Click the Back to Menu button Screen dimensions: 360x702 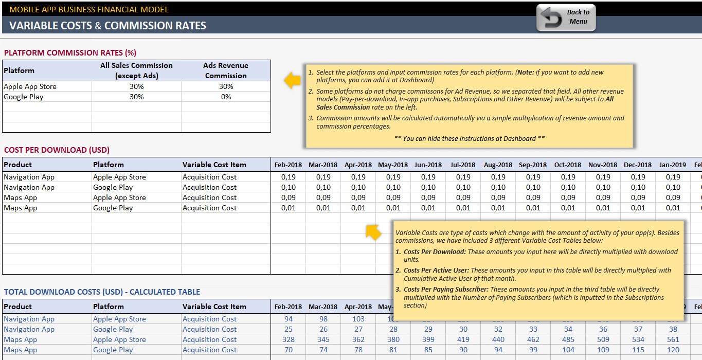pyautogui.click(x=566, y=17)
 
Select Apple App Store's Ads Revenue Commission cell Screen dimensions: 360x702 pyautogui.click(x=226, y=86)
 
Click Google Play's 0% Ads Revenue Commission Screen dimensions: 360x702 pyautogui.click(x=226, y=97)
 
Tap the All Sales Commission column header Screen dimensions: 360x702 pyautogui.click(x=136, y=70)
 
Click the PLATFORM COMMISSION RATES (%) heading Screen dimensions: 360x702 pyautogui.click(x=70, y=52)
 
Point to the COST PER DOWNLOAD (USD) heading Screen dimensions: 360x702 pyautogui.click(x=57, y=150)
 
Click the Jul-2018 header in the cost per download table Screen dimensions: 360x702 pyautogui.click(x=463, y=165)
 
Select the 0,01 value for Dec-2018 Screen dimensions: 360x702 pyautogui.click(x=638, y=208)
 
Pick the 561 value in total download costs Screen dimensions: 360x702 pyautogui.click(x=673, y=339)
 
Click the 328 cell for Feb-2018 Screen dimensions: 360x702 pyautogui.click(x=289, y=339)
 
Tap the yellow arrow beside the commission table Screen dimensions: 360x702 pyautogui.click(x=292, y=80)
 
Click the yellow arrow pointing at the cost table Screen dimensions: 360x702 pyautogui.click(x=373, y=232)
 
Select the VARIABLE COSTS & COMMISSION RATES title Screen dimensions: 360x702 pyautogui.click(x=107, y=26)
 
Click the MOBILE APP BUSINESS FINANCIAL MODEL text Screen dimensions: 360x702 pyautogui.click(x=89, y=9)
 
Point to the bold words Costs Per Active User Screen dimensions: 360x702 pyautogui.click(x=436, y=270)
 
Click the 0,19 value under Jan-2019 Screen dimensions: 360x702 pyautogui.click(x=673, y=177)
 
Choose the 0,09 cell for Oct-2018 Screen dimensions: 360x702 pyautogui.click(x=568, y=197)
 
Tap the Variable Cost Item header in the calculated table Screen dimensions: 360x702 pyautogui.click(x=214, y=307)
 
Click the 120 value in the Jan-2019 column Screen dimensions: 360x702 pyautogui.click(x=673, y=350)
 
